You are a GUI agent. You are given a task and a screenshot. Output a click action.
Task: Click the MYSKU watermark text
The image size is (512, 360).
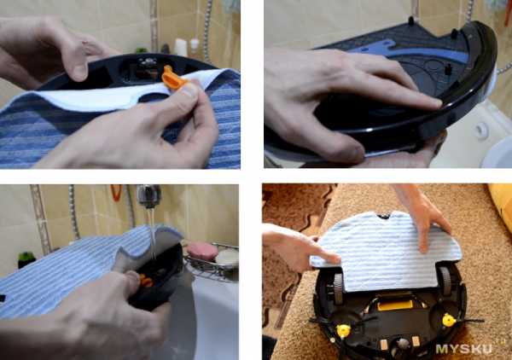(x=463, y=349)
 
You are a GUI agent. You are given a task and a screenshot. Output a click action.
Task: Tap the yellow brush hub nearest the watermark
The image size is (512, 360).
(x=450, y=320)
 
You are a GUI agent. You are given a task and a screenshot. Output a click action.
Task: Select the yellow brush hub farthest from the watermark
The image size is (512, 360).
(x=343, y=331)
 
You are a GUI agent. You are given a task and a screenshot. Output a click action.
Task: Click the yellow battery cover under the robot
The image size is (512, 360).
(x=395, y=305)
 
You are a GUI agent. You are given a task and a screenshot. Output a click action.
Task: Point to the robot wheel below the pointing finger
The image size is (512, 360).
(x=338, y=289)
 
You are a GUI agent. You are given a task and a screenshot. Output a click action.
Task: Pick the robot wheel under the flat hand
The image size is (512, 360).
(x=445, y=281)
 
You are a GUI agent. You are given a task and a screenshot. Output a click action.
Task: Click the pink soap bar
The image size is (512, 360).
(x=202, y=251)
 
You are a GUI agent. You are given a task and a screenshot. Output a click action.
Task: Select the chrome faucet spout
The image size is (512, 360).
(x=149, y=195)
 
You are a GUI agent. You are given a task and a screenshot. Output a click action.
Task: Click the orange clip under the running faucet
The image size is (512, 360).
(x=146, y=282)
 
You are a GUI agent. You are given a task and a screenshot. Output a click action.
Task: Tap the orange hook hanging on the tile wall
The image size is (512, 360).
(x=116, y=193)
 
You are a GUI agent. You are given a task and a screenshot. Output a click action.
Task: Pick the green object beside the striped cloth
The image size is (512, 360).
(x=26, y=259)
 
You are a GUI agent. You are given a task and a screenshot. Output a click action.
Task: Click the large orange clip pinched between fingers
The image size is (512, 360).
(x=174, y=78)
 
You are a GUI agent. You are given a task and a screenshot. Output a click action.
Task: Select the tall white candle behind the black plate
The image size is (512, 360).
(x=180, y=47)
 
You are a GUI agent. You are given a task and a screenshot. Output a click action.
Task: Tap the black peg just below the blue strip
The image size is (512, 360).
(x=449, y=68)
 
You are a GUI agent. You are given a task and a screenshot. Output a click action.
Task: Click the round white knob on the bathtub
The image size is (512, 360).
(x=480, y=131)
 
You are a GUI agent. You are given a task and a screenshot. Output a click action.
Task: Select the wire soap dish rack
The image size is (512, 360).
(x=212, y=261)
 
